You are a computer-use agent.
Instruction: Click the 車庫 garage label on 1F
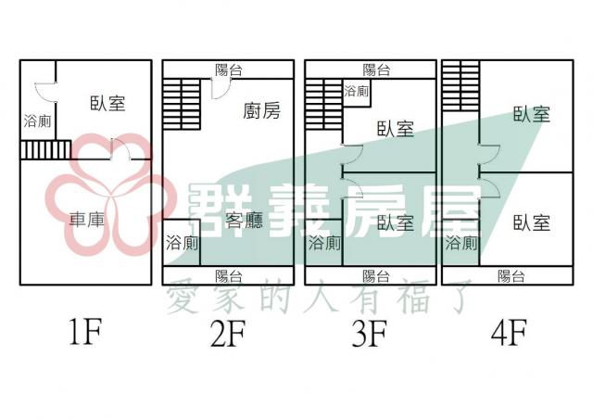coord(86,220)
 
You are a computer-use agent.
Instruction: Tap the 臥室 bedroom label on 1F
coord(107,103)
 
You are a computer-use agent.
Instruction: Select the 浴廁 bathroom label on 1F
coord(37,121)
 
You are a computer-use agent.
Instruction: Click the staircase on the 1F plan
coord(45,150)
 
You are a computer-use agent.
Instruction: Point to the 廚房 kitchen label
coord(261,111)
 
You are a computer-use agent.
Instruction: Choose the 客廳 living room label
coord(245,221)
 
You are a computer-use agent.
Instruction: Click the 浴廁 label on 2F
coord(182,243)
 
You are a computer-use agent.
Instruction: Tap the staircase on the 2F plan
coord(182,104)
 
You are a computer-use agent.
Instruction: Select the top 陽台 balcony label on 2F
coord(229,70)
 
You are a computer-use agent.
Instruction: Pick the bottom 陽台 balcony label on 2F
coord(229,276)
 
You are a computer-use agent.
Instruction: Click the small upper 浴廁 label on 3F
coord(356,91)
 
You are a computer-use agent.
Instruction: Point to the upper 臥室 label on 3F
coord(396,129)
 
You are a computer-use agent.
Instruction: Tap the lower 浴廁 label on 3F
coord(324,243)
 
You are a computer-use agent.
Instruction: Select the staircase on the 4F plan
coord(461,85)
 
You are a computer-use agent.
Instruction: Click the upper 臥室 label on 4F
coord(531,114)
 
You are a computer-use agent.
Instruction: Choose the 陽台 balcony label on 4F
coord(511,276)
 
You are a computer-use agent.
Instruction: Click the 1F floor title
coord(86,332)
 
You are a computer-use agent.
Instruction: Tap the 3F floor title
coord(370,334)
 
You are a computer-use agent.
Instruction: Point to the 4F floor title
coord(509,333)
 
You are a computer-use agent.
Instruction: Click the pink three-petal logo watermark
coord(109,194)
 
